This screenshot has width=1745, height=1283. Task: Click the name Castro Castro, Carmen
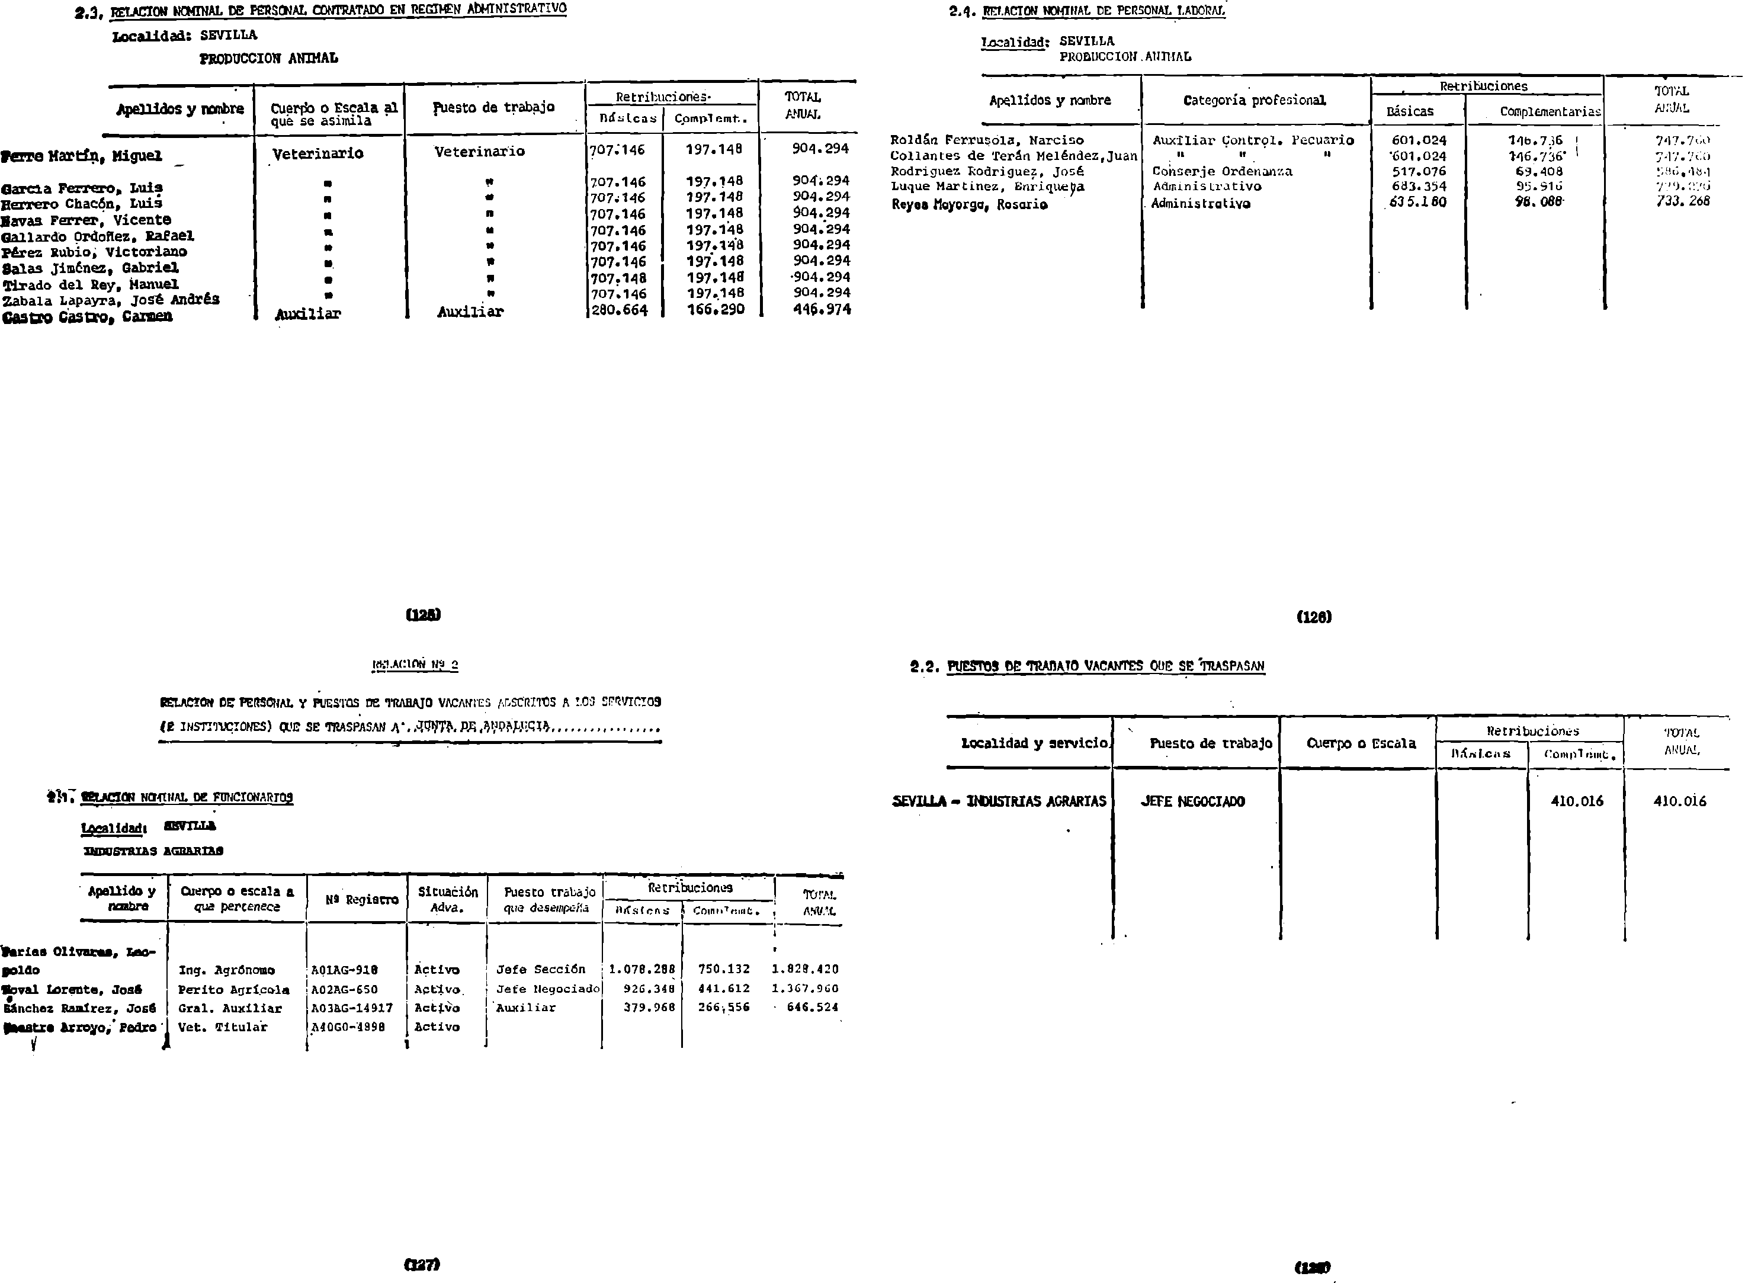point(87,317)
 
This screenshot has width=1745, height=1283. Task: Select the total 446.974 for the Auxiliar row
point(821,309)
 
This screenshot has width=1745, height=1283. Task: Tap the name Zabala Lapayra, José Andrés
point(110,300)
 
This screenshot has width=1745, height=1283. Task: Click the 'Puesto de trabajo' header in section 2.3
point(493,107)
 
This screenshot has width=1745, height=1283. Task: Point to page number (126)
point(1314,617)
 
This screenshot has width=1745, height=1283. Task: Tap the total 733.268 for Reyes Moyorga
point(1682,200)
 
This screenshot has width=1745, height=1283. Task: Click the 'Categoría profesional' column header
point(1254,100)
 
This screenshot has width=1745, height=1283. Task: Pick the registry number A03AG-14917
point(352,1008)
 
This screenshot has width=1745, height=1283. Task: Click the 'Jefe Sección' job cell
point(541,969)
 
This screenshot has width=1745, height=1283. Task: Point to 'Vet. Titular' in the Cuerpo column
point(222,1027)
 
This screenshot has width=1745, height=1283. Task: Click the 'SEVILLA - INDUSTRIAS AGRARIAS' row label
point(999,801)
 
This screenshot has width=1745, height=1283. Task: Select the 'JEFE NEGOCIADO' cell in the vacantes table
point(1192,801)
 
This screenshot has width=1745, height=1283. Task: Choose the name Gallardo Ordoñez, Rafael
point(98,236)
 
